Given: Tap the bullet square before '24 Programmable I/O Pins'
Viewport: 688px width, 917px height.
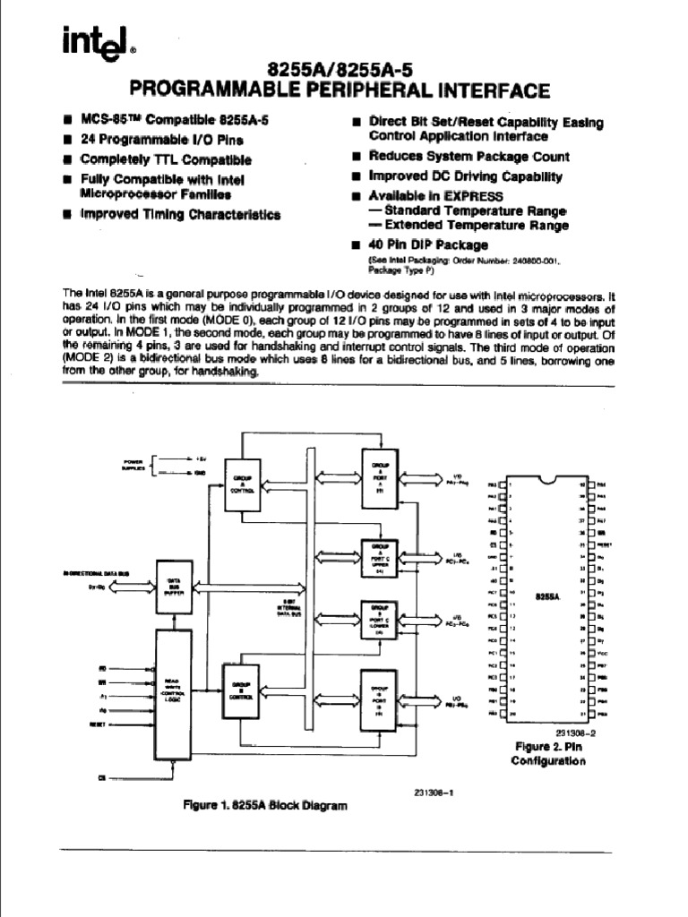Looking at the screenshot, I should coord(68,140).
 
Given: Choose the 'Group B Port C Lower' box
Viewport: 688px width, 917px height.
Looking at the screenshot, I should coord(380,621).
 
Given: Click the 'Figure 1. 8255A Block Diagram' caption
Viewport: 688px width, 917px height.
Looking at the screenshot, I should coord(264,805).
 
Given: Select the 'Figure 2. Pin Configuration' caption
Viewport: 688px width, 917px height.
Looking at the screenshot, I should coord(548,753).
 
